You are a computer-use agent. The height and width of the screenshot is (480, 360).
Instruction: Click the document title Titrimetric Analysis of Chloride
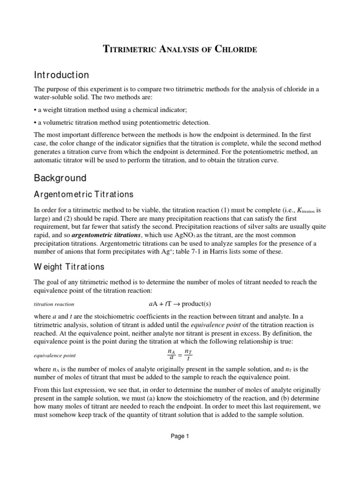click(x=180, y=49)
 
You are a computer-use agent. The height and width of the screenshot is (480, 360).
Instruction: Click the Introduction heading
click(x=61, y=75)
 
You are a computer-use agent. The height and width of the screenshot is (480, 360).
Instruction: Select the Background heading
click(x=60, y=178)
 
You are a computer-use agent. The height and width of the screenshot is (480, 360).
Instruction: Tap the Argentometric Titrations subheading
click(x=84, y=194)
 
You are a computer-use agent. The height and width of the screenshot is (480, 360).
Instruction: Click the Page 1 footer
click(x=180, y=436)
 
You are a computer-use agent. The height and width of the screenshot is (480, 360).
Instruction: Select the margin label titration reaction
click(x=54, y=304)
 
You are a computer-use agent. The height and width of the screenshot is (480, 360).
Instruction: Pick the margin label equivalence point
click(x=56, y=355)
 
